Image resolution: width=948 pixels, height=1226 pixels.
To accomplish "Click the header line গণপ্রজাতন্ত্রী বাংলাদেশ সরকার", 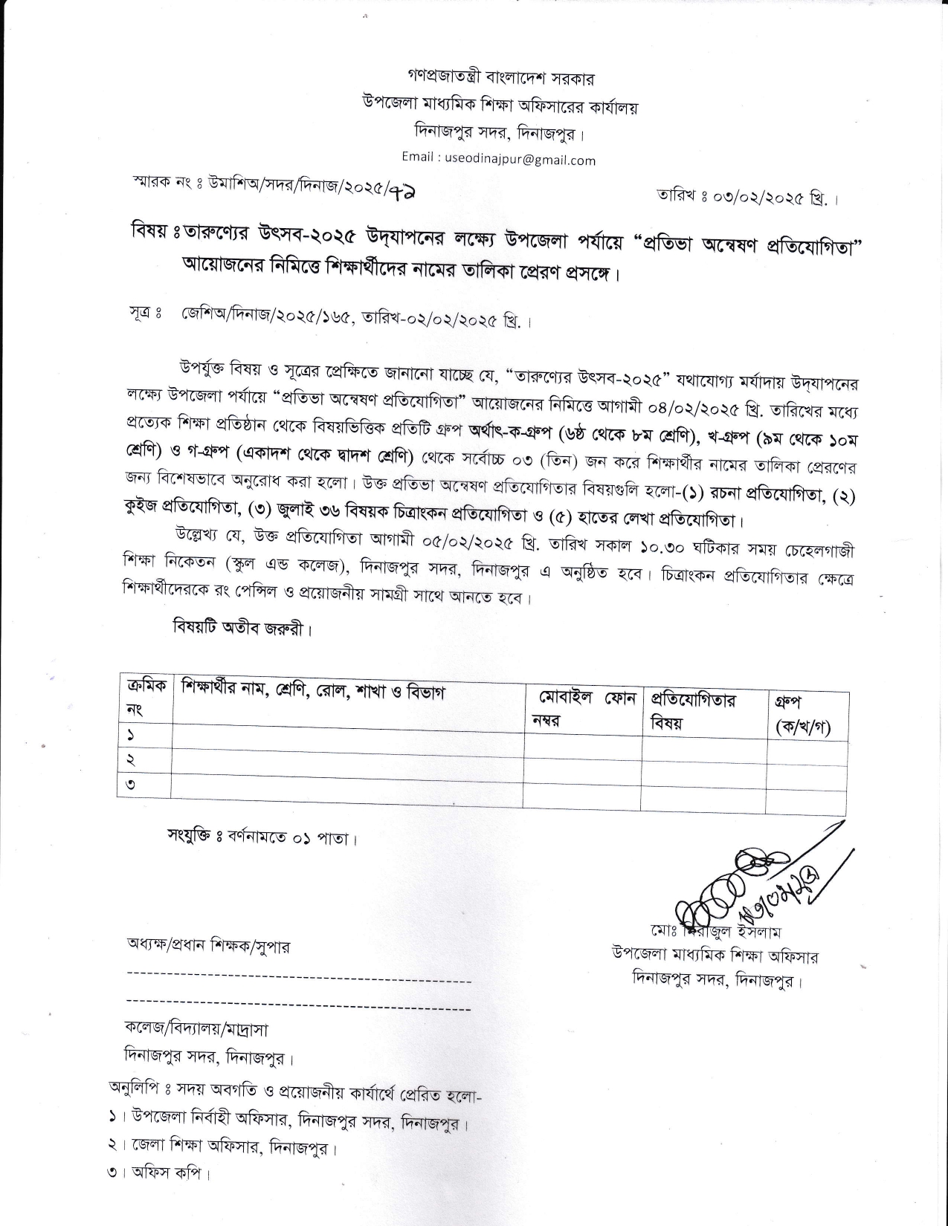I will (x=501, y=77).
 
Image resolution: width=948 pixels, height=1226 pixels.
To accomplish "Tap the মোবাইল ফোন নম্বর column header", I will (x=581, y=709).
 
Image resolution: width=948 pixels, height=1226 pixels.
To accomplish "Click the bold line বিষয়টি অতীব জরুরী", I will (x=240, y=628).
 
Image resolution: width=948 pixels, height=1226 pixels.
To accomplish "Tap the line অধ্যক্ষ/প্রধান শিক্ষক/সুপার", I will (x=208, y=947).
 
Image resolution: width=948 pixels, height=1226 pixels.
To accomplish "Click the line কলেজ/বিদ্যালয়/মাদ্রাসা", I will (x=196, y=1029).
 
